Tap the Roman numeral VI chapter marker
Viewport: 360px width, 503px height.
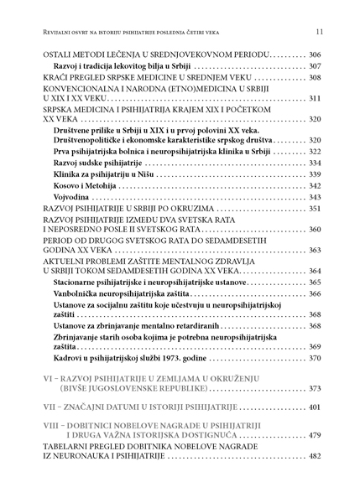(x=49, y=379)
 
